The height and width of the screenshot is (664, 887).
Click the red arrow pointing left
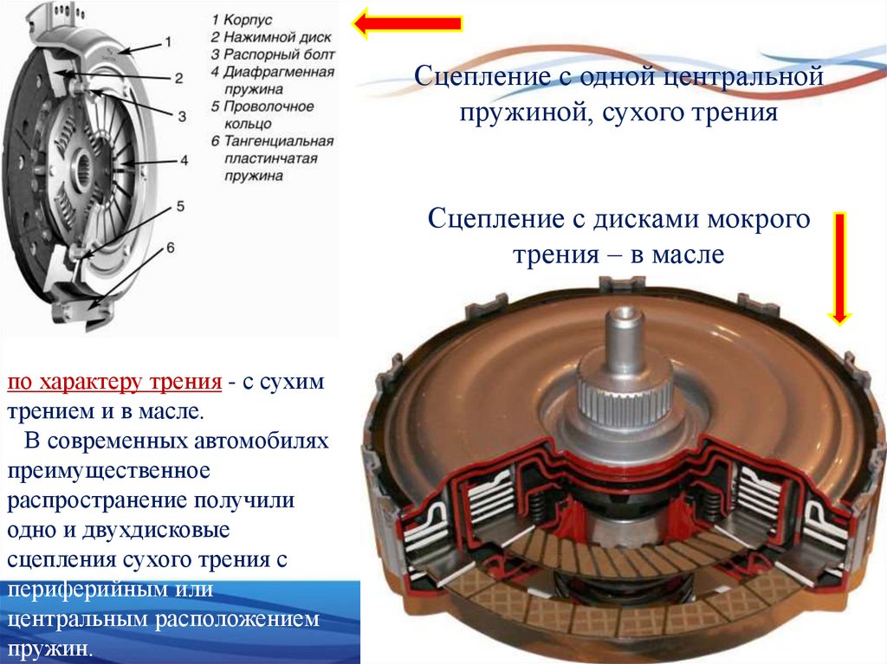407,25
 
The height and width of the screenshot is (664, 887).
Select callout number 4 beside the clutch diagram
184,160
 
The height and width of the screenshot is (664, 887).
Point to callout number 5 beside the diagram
180,205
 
